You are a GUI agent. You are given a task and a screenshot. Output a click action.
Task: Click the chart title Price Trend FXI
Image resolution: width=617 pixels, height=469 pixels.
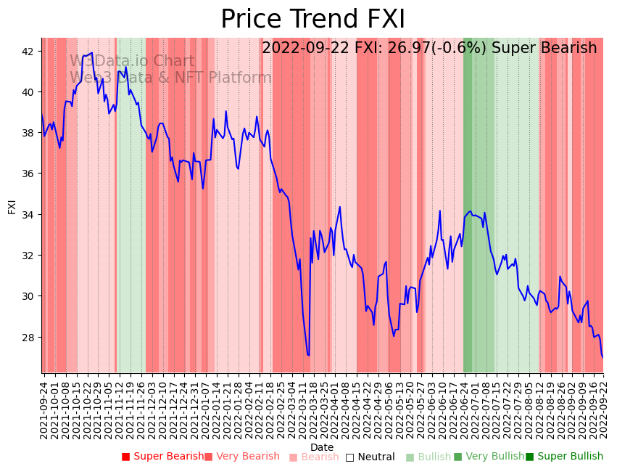pos(312,20)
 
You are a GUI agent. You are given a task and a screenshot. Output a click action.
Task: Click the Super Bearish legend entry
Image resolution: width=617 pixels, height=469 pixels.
pos(162,457)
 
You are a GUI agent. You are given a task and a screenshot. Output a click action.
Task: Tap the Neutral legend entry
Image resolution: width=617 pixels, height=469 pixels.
pos(370,457)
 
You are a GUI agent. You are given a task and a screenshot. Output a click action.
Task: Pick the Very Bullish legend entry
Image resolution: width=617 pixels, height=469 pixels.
pos(488,457)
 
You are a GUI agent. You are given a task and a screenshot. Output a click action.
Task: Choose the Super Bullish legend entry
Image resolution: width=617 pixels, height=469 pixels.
pos(563,457)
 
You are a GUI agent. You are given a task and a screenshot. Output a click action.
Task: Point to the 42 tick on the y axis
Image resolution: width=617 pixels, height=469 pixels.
pos(28,52)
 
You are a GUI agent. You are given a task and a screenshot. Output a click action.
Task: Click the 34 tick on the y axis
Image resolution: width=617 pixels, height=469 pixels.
pos(28,215)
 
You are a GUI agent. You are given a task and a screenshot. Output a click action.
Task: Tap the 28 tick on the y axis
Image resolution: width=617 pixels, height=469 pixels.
pos(28,338)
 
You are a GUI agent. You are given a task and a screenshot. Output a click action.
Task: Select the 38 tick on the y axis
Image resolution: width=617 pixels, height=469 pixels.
pos(28,133)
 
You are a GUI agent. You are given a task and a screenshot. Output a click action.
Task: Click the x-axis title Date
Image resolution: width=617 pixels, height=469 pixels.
pos(322,447)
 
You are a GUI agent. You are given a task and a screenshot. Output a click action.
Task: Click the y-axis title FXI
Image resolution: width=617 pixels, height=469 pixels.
pos(12,206)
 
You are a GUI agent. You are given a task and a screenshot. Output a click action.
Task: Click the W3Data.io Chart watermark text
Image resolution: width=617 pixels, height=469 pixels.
pos(132,62)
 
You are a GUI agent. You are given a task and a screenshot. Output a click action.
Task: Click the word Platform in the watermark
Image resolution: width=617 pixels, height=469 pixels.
pos(239,78)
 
